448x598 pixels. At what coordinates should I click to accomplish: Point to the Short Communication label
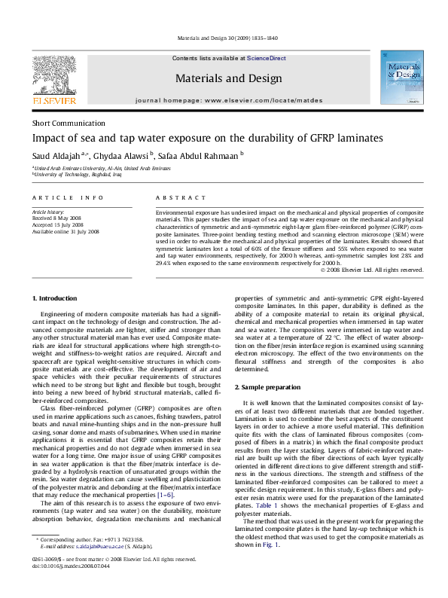(x=69, y=124)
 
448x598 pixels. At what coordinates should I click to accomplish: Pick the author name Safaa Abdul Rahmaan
(x=200, y=155)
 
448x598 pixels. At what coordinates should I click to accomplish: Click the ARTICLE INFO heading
(x=68, y=197)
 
